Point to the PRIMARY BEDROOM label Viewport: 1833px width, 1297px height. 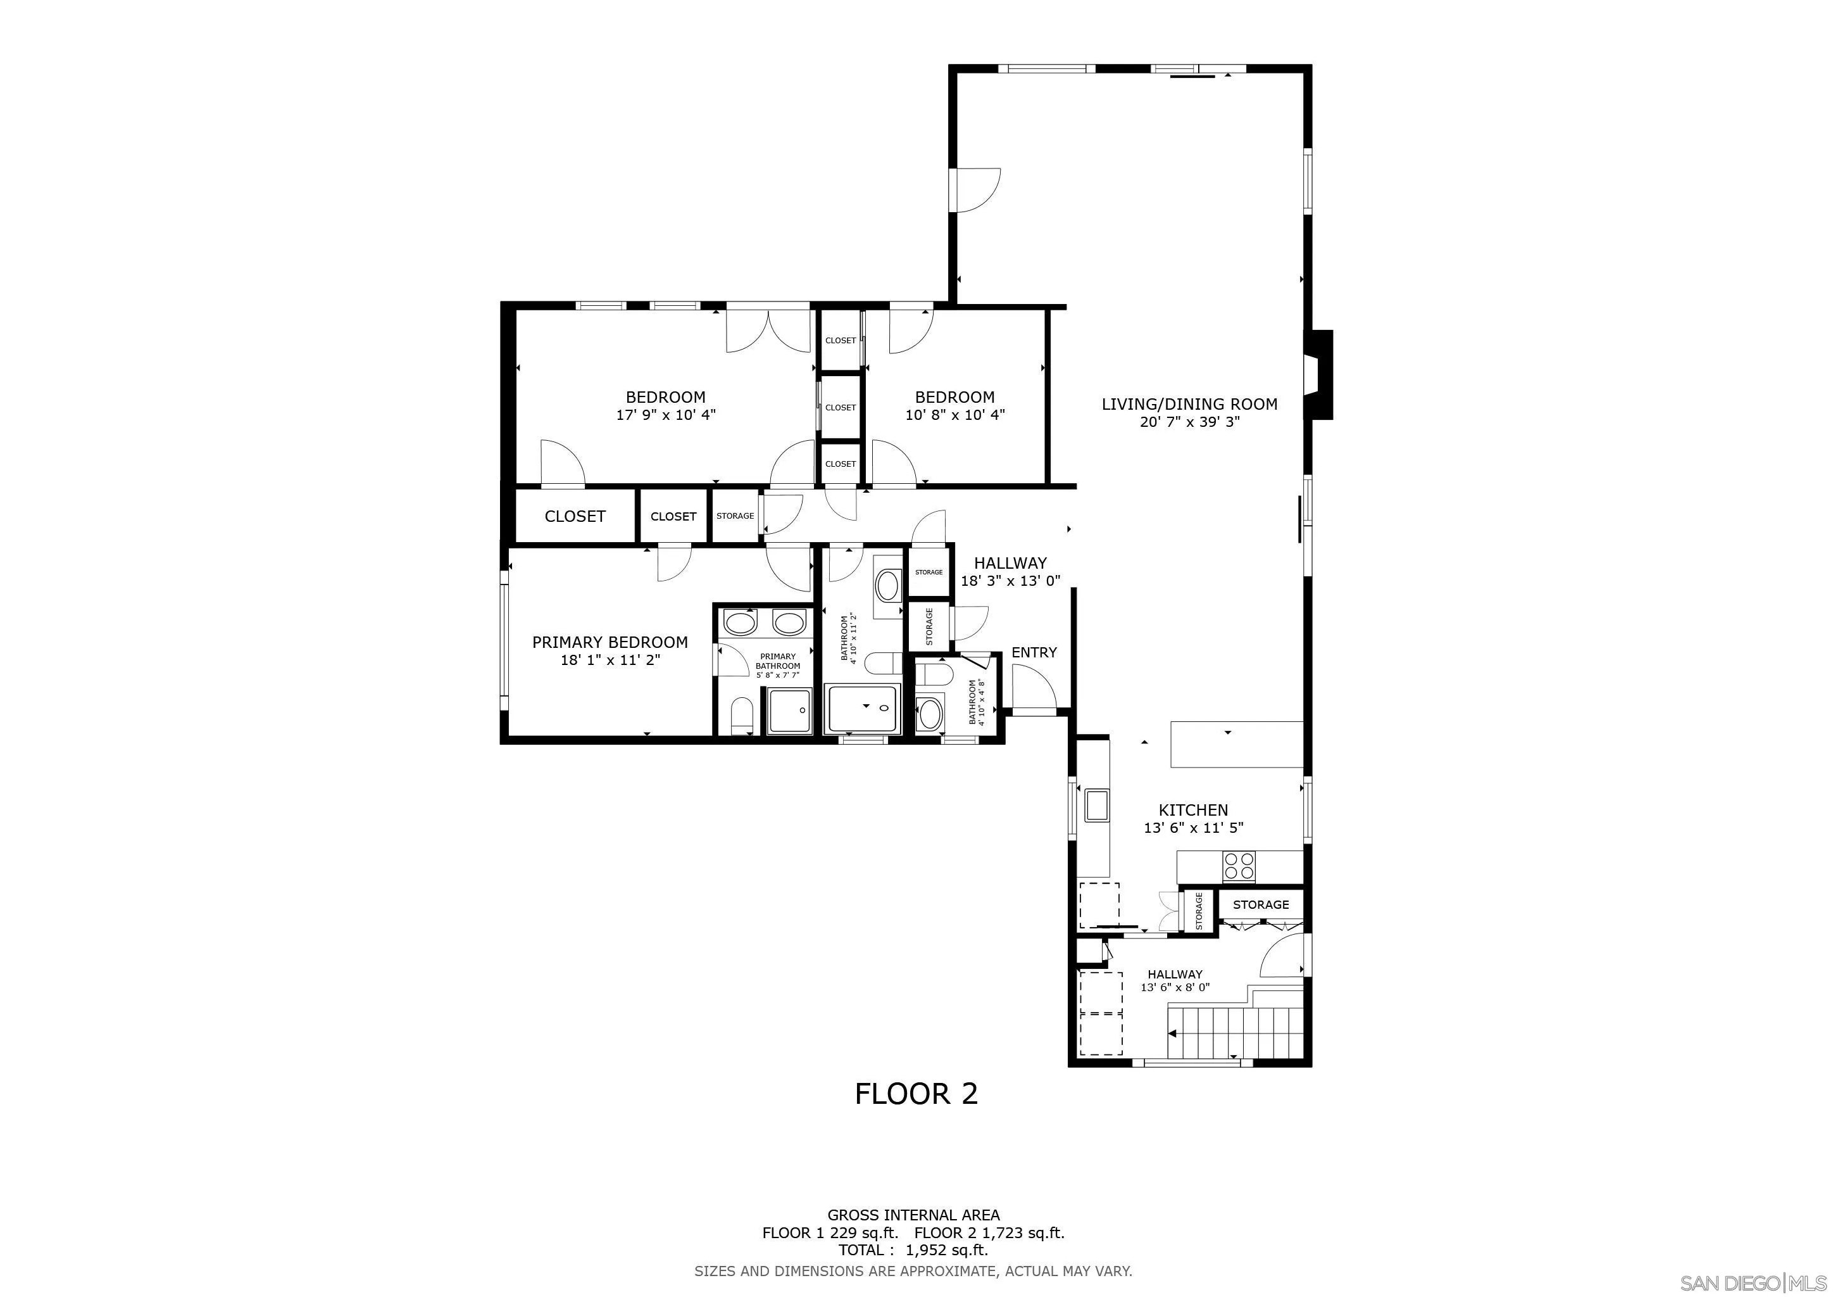pyautogui.click(x=610, y=642)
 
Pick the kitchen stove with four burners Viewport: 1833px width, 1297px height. pyautogui.click(x=1239, y=866)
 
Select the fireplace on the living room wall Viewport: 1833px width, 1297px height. pyautogui.click(x=1318, y=374)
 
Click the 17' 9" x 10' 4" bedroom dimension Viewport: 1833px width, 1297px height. pyautogui.click(x=666, y=415)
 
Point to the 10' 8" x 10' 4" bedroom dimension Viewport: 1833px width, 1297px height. pyautogui.click(x=955, y=415)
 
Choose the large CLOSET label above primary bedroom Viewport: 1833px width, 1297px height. pyautogui.click(x=575, y=517)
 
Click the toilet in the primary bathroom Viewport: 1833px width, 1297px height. pyautogui.click(x=742, y=715)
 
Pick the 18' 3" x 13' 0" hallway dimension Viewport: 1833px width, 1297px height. pyautogui.click(x=1010, y=581)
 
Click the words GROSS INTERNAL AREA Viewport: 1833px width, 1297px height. pyautogui.click(x=913, y=1215)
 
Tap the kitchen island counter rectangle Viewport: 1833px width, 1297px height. pyautogui.click(x=1237, y=744)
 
